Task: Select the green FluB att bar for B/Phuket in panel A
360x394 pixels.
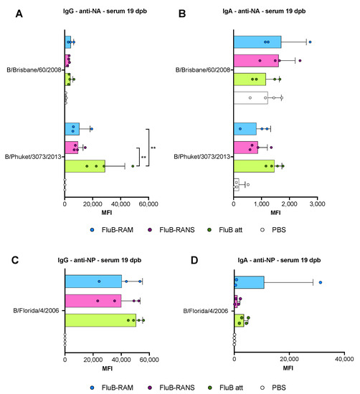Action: [85, 166]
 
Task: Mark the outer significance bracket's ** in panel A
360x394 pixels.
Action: [153, 148]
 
